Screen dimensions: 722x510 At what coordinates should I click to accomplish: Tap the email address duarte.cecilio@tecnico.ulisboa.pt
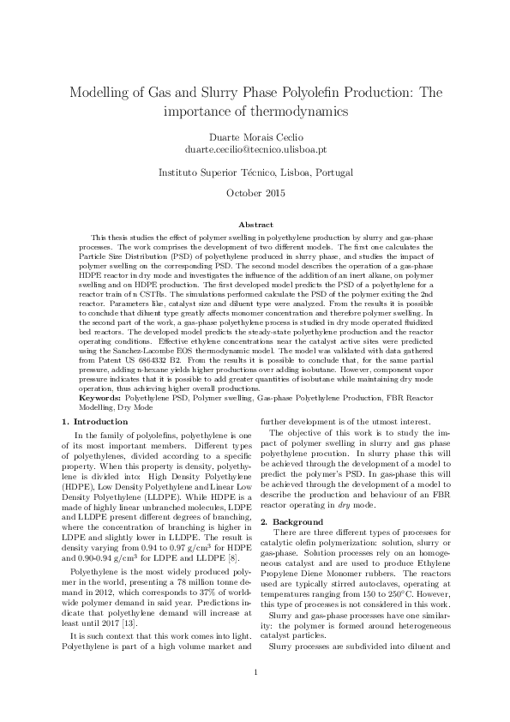(255, 148)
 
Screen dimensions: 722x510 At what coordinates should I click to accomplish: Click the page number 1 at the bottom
(255, 695)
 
